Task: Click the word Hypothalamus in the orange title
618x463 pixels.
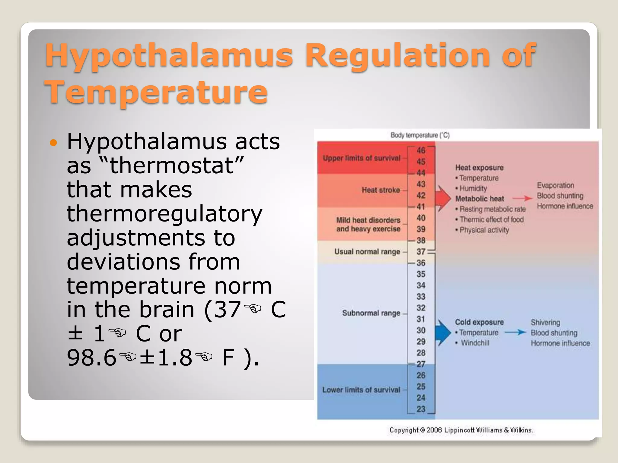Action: pyautogui.click(x=169, y=56)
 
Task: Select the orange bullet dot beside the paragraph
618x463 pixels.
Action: pyautogui.click(x=53, y=143)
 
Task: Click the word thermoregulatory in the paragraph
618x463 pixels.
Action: pyautogui.click(x=164, y=214)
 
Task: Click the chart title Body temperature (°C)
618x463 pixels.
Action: pyautogui.click(x=420, y=135)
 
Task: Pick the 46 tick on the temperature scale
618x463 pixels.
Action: pyautogui.click(x=421, y=150)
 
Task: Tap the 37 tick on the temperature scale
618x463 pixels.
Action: pyautogui.click(x=421, y=252)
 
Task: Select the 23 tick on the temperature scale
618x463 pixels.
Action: pyautogui.click(x=421, y=409)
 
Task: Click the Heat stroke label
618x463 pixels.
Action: pyautogui.click(x=381, y=190)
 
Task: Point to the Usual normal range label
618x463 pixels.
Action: pyautogui.click(x=367, y=252)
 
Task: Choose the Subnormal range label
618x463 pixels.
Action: pyautogui.click(x=371, y=313)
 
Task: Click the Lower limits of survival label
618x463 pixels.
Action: pyautogui.click(x=361, y=390)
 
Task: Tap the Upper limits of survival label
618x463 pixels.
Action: pyautogui.click(x=362, y=158)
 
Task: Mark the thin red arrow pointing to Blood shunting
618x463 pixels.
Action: pyautogui.click(x=522, y=198)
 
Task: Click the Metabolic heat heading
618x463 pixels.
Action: pyautogui.click(x=479, y=199)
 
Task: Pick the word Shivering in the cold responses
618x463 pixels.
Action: pyautogui.click(x=545, y=322)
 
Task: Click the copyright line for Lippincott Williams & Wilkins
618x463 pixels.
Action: pyautogui.click(x=461, y=430)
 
